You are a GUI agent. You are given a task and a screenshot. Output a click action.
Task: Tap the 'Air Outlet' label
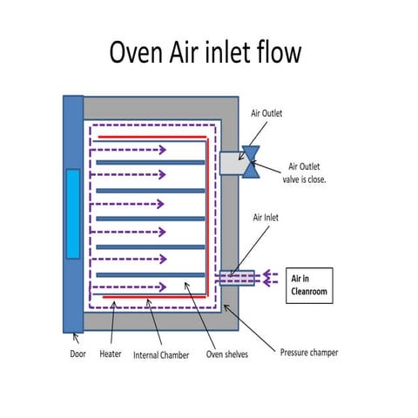coord(266,113)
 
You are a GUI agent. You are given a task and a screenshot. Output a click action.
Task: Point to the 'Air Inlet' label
coord(266,217)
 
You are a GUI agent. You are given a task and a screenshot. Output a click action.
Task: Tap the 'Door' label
coord(78,354)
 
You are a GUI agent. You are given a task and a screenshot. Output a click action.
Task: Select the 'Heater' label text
coord(114,354)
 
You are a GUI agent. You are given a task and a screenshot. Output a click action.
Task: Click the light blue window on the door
coord(73,214)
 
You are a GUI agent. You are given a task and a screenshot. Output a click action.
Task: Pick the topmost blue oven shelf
coord(150,163)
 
